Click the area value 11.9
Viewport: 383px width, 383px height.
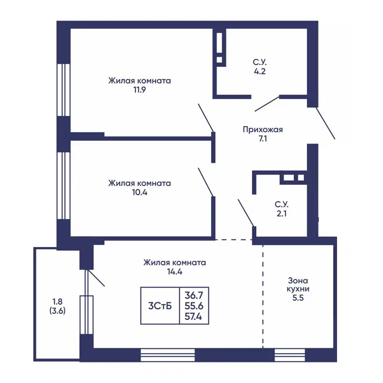click(139, 90)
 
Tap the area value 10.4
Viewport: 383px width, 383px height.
click(140, 192)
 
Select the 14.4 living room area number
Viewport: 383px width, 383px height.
click(175, 271)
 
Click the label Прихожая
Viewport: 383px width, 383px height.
click(263, 129)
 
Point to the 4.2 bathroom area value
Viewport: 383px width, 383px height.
click(259, 71)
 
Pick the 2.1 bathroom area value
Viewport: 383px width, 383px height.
click(282, 214)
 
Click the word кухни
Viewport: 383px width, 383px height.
click(298, 289)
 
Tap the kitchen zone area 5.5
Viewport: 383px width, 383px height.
click(298, 298)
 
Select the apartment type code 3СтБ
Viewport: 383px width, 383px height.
click(160, 306)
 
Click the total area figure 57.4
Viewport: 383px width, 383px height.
click(193, 316)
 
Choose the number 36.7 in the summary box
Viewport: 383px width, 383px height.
click(194, 295)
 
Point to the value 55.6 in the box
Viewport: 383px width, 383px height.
click(194, 306)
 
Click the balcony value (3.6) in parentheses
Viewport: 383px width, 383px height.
click(57, 311)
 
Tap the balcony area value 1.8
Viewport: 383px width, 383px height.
click(57, 302)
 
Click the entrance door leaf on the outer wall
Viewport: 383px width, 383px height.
click(326, 123)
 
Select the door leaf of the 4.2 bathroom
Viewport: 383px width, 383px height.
click(267, 103)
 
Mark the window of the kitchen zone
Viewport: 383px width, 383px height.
click(290, 355)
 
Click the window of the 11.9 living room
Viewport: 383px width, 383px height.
click(64, 90)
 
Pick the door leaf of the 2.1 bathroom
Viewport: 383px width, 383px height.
click(246, 213)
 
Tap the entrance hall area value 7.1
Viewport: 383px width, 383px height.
click(263, 139)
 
